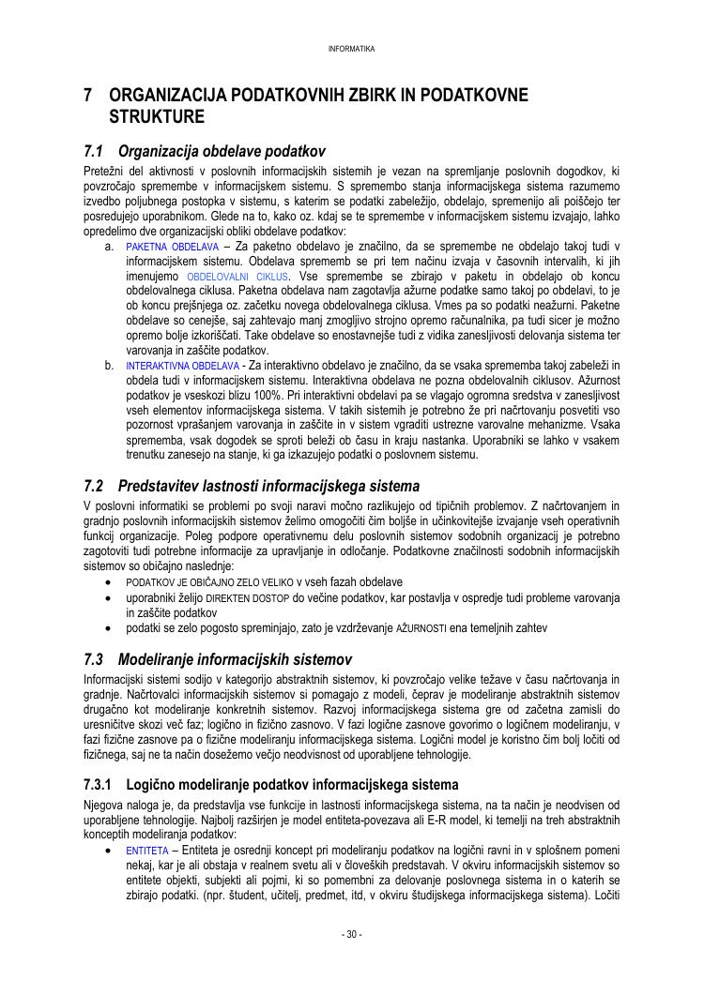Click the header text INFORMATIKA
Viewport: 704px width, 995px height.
[352, 49]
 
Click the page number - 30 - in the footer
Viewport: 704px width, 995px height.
[352, 934]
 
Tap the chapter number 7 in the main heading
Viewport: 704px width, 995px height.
[87, 96]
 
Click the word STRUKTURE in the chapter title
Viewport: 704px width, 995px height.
[157, 118]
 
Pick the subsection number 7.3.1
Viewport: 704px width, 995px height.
[98, 784]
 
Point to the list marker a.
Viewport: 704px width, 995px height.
[110, 247]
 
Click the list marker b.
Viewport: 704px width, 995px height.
[110, 366]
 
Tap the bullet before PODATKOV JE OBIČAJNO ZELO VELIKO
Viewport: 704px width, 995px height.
[110, 582]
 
